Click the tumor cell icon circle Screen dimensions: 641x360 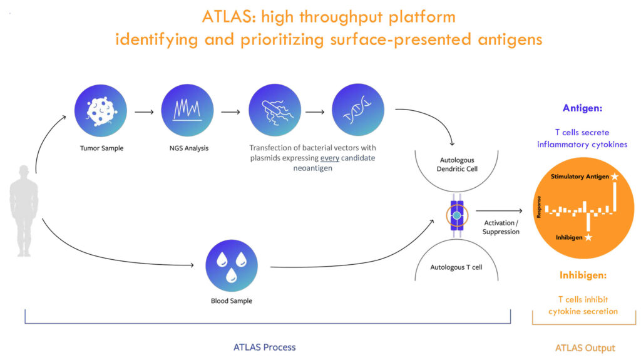(101, 110)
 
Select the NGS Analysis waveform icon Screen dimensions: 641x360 (187, 110)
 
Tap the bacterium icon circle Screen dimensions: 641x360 (275, 110)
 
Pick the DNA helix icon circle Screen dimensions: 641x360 (358, 110)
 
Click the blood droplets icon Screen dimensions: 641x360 (232, 265)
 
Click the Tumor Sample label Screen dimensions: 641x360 (102, 148)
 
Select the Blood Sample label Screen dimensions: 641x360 (232, 301)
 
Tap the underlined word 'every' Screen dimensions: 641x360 (329, 158)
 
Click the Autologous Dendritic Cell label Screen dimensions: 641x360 (457, 165)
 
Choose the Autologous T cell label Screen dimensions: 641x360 (456, 267)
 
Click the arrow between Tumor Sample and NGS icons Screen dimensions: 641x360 (145, 111)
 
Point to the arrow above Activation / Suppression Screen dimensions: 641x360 (499, 211)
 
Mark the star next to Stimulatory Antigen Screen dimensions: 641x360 (615, 177)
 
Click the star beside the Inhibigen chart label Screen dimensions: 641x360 (588, 237)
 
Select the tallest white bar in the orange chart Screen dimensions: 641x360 (615, 197)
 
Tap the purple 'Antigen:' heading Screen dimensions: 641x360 (582, 108)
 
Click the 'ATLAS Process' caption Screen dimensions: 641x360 (265, 347)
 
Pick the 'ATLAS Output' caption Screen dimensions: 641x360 (585, 348)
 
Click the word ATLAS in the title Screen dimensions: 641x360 (228, 17)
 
